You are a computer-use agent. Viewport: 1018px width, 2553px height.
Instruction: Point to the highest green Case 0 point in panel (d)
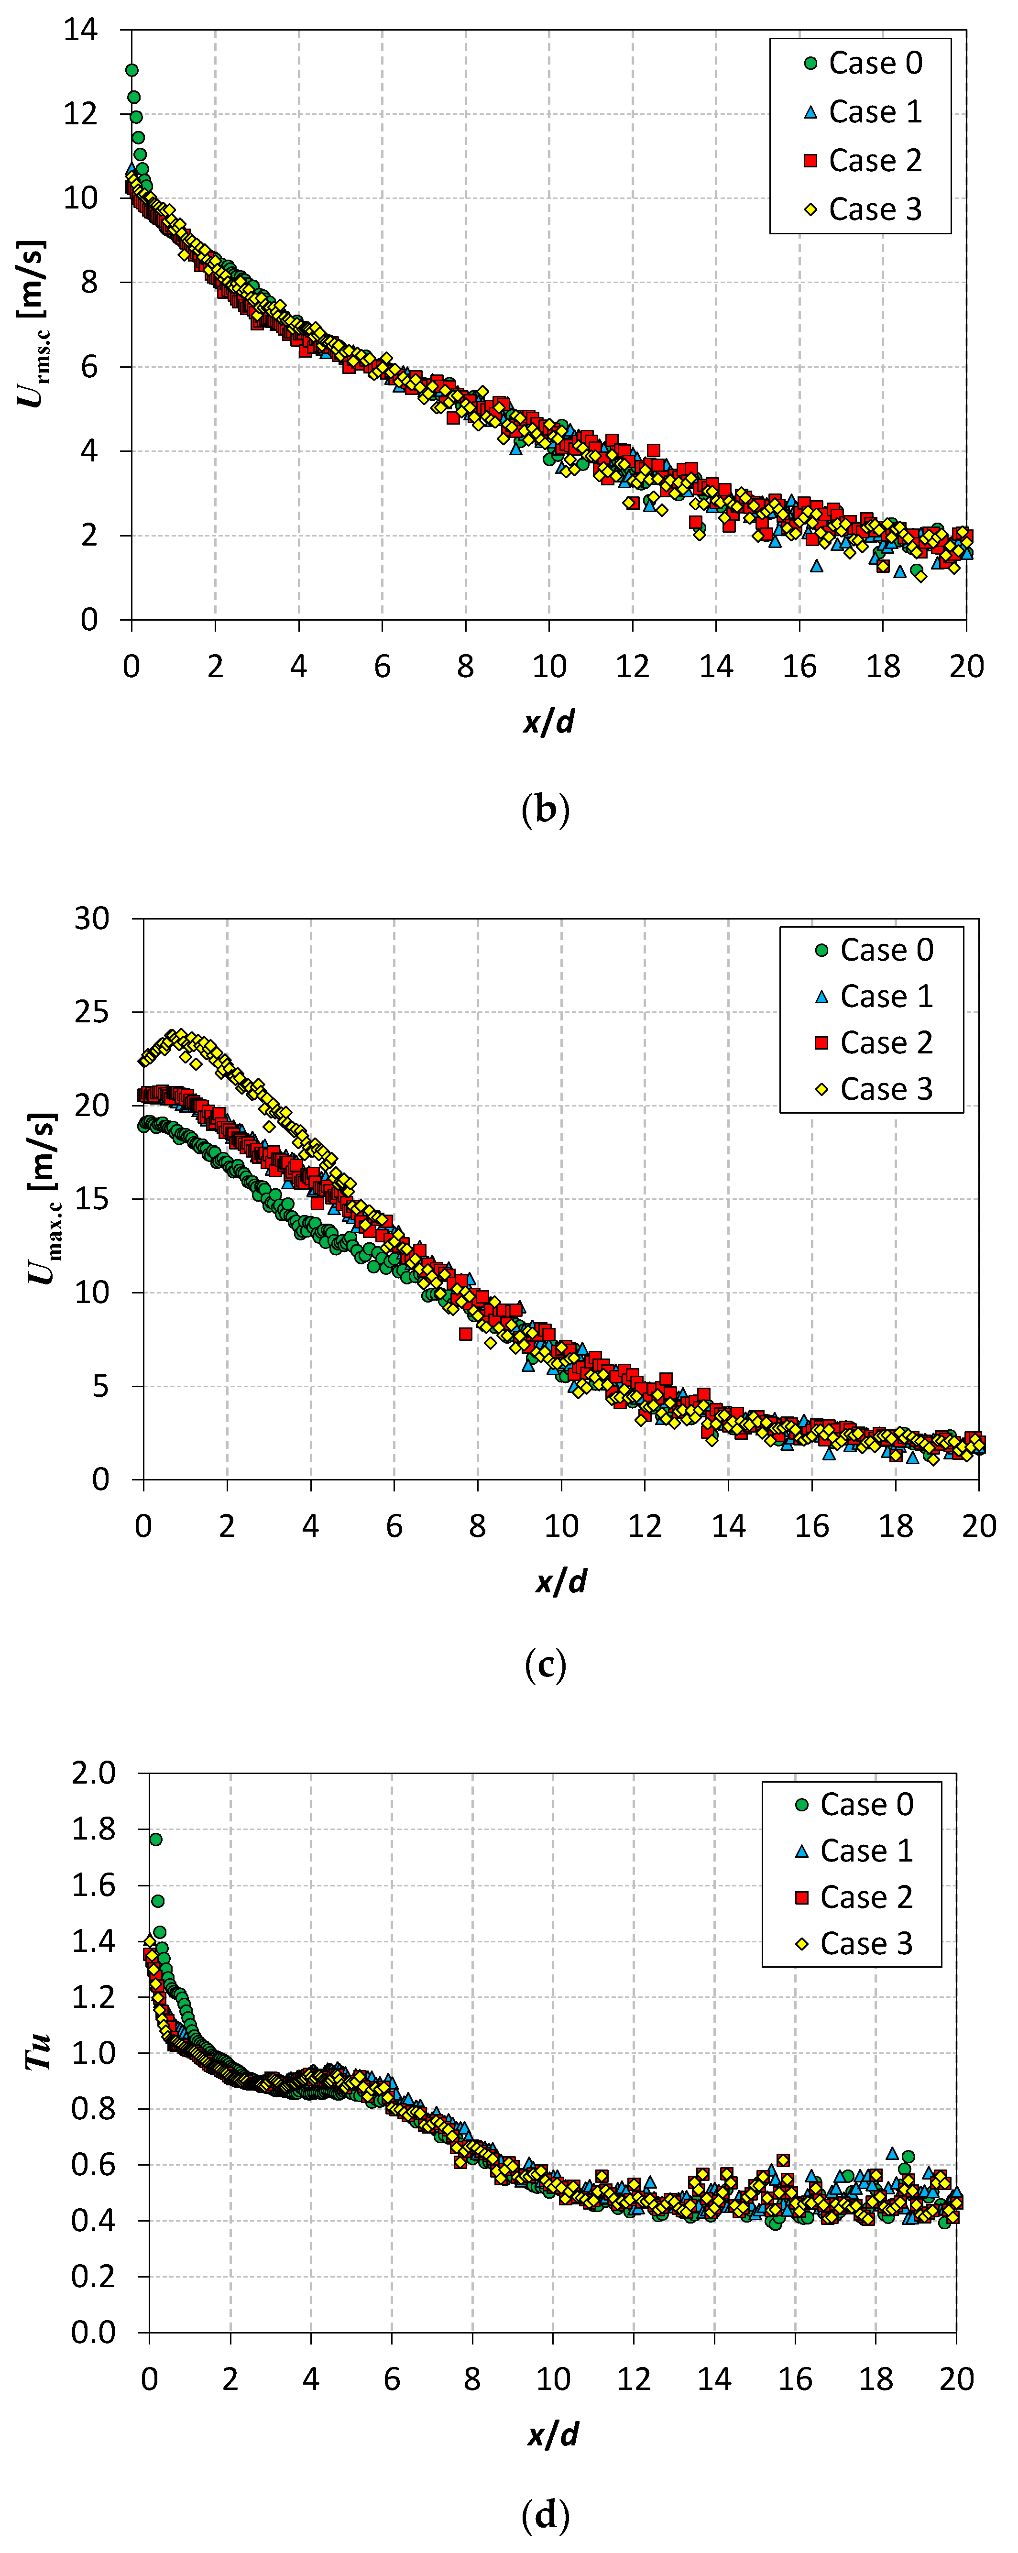(x=155, y=1840)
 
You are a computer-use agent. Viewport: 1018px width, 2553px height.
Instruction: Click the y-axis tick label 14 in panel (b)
(x=81, y=30)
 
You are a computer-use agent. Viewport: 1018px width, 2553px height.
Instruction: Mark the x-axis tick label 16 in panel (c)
(x=812, y=1526)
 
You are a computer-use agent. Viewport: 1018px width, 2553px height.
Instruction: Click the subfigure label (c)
(x=545, y=1665)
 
